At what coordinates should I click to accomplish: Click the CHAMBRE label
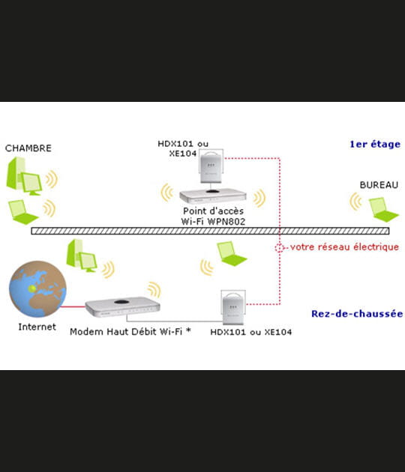(x=28, y=148)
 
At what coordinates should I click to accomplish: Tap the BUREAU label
(x=379, y=184)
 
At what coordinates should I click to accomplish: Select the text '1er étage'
(x=375, y=145)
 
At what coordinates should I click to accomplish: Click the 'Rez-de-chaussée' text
(x=357, y=314)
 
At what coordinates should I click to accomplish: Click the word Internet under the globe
(x=37, y=327)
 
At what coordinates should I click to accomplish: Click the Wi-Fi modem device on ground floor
(x=123, y=306)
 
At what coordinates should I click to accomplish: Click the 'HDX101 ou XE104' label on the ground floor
(x=251, y=331)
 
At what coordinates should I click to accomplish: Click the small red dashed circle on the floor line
(x=280, y=246)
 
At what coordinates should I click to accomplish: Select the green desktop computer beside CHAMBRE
(x=25, y=175)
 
